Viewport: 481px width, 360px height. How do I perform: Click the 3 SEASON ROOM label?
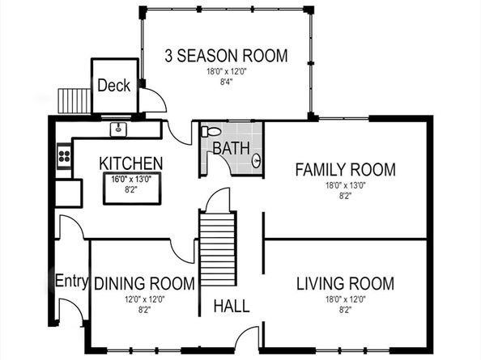226,56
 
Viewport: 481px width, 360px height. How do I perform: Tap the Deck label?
114,86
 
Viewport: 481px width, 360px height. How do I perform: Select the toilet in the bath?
211,131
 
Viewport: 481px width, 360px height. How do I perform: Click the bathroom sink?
257,160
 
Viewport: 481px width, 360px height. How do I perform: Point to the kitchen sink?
118,129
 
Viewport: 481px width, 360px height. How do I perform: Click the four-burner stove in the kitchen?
64,155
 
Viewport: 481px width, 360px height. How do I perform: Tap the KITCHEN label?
131,163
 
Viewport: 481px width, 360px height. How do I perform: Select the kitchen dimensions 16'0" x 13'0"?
131,179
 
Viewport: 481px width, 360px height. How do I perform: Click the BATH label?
232,148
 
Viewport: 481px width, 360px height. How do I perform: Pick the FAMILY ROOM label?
346,170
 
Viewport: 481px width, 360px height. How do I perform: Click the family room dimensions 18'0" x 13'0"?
346,185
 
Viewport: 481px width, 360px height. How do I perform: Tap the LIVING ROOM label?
346,283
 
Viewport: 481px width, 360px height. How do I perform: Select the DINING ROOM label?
144,283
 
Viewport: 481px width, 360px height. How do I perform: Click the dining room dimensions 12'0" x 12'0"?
145,299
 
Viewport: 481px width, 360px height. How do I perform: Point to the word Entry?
72,281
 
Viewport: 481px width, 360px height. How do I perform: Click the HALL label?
232,306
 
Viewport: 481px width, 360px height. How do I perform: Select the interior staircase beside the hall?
218,249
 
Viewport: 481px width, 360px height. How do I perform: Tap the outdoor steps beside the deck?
74,101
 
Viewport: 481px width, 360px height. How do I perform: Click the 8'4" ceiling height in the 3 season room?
227,82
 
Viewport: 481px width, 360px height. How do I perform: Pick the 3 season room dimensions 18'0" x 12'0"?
227,72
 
